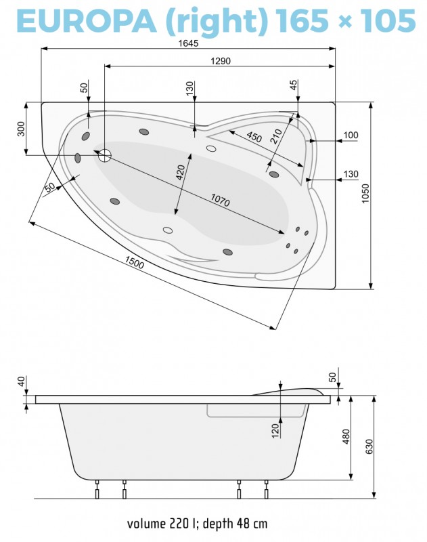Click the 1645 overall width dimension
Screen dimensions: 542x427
tap(189, 43)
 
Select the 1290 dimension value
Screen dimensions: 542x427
tap(221, 61)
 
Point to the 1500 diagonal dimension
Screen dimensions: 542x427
tap(134, 265)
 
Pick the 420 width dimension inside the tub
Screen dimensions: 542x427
tap(181, 173)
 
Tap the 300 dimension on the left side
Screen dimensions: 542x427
tap(20, 128)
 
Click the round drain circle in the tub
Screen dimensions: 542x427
tap(105, 155)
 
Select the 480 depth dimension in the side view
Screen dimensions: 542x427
tap(346, 438)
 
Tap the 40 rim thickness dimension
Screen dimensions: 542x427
tap(20, 382)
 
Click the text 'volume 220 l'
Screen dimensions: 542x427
tap(158, 524)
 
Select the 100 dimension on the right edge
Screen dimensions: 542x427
tap(350, 135)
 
